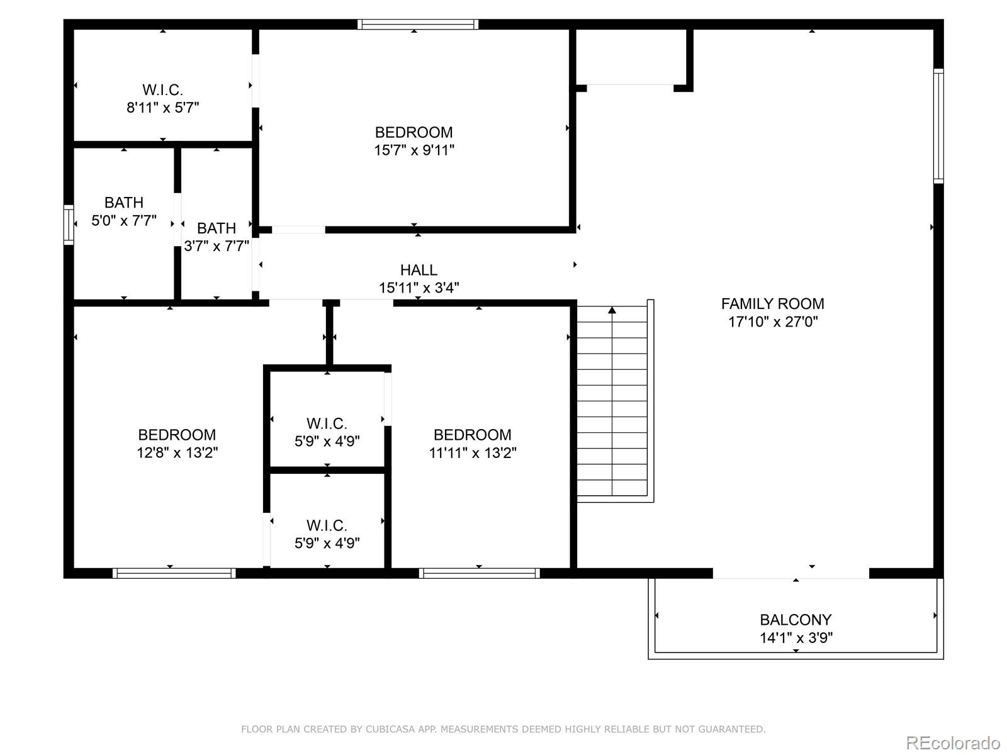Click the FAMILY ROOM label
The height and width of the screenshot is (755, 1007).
(x=772, y=304)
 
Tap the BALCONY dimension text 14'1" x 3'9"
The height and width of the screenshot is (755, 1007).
(x=796, y=638)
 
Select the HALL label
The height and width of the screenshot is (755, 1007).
(x=419, y=270)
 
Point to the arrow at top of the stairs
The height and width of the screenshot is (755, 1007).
(x=612, y=310)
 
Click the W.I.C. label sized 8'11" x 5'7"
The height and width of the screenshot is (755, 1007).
(x=162, y=90)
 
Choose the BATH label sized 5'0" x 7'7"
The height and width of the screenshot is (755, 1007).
(x=124, y=203)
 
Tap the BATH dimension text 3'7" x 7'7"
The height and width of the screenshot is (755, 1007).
(x=217, y=246)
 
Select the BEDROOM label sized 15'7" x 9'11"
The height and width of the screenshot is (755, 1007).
(x=413, y=132)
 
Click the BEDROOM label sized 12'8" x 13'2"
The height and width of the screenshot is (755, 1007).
(x=177, y=435)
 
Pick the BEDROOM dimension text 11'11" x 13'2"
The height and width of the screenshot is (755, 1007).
(x=473, y=453)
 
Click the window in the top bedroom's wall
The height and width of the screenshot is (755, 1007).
(x=418, y=25)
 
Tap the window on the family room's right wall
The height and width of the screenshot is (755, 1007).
(x=938, y=126)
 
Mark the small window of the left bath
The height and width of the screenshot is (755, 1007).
(x=69, y=225)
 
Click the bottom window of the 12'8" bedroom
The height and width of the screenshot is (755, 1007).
(x=174, y=573)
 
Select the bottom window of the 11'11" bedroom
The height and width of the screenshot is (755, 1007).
(x=479, y=573)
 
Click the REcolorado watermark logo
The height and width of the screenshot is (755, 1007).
(x=953, y=742)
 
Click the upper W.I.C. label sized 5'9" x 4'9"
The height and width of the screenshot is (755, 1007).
(x=327, y=423)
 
